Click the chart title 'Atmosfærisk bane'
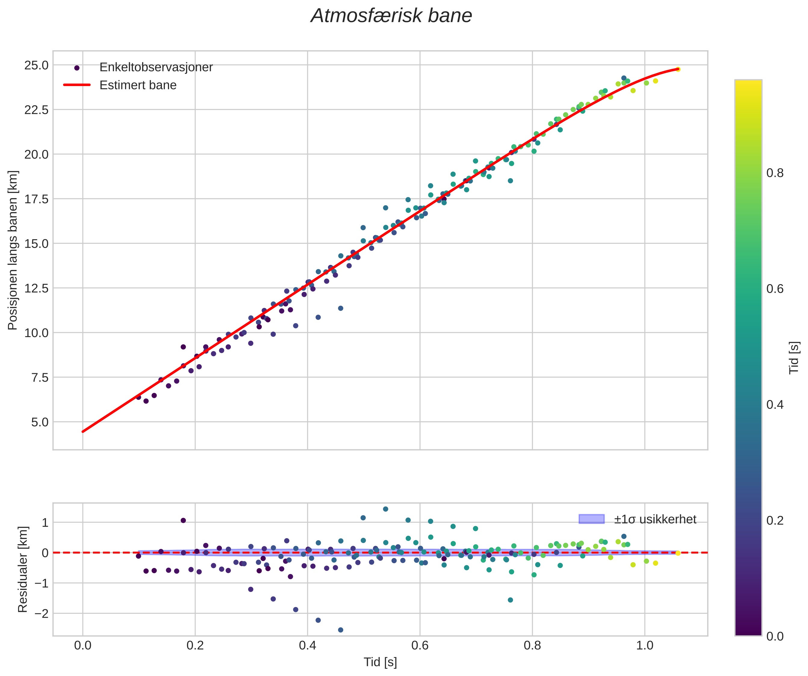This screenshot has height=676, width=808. click(x=391, y=16)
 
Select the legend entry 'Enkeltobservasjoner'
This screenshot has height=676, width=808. click(x=156, y=67)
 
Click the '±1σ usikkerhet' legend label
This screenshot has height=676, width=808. click(x=655, y=519)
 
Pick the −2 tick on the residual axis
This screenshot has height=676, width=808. click(x=42, y=613)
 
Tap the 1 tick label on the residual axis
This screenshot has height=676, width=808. click(x=45, y=523)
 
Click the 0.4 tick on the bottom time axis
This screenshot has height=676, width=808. click(x=307, y=645)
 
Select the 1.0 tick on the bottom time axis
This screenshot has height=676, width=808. click(x=645, y=645)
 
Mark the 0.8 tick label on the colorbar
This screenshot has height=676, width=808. click(x=775, y=173)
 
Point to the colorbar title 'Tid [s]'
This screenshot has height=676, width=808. click(x=794, y=358)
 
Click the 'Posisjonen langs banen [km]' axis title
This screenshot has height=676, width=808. click(x=13, y=250)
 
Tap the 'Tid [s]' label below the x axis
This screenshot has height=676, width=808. click(x=380, y=662)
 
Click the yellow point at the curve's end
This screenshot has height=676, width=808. click(x=678, y=69)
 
